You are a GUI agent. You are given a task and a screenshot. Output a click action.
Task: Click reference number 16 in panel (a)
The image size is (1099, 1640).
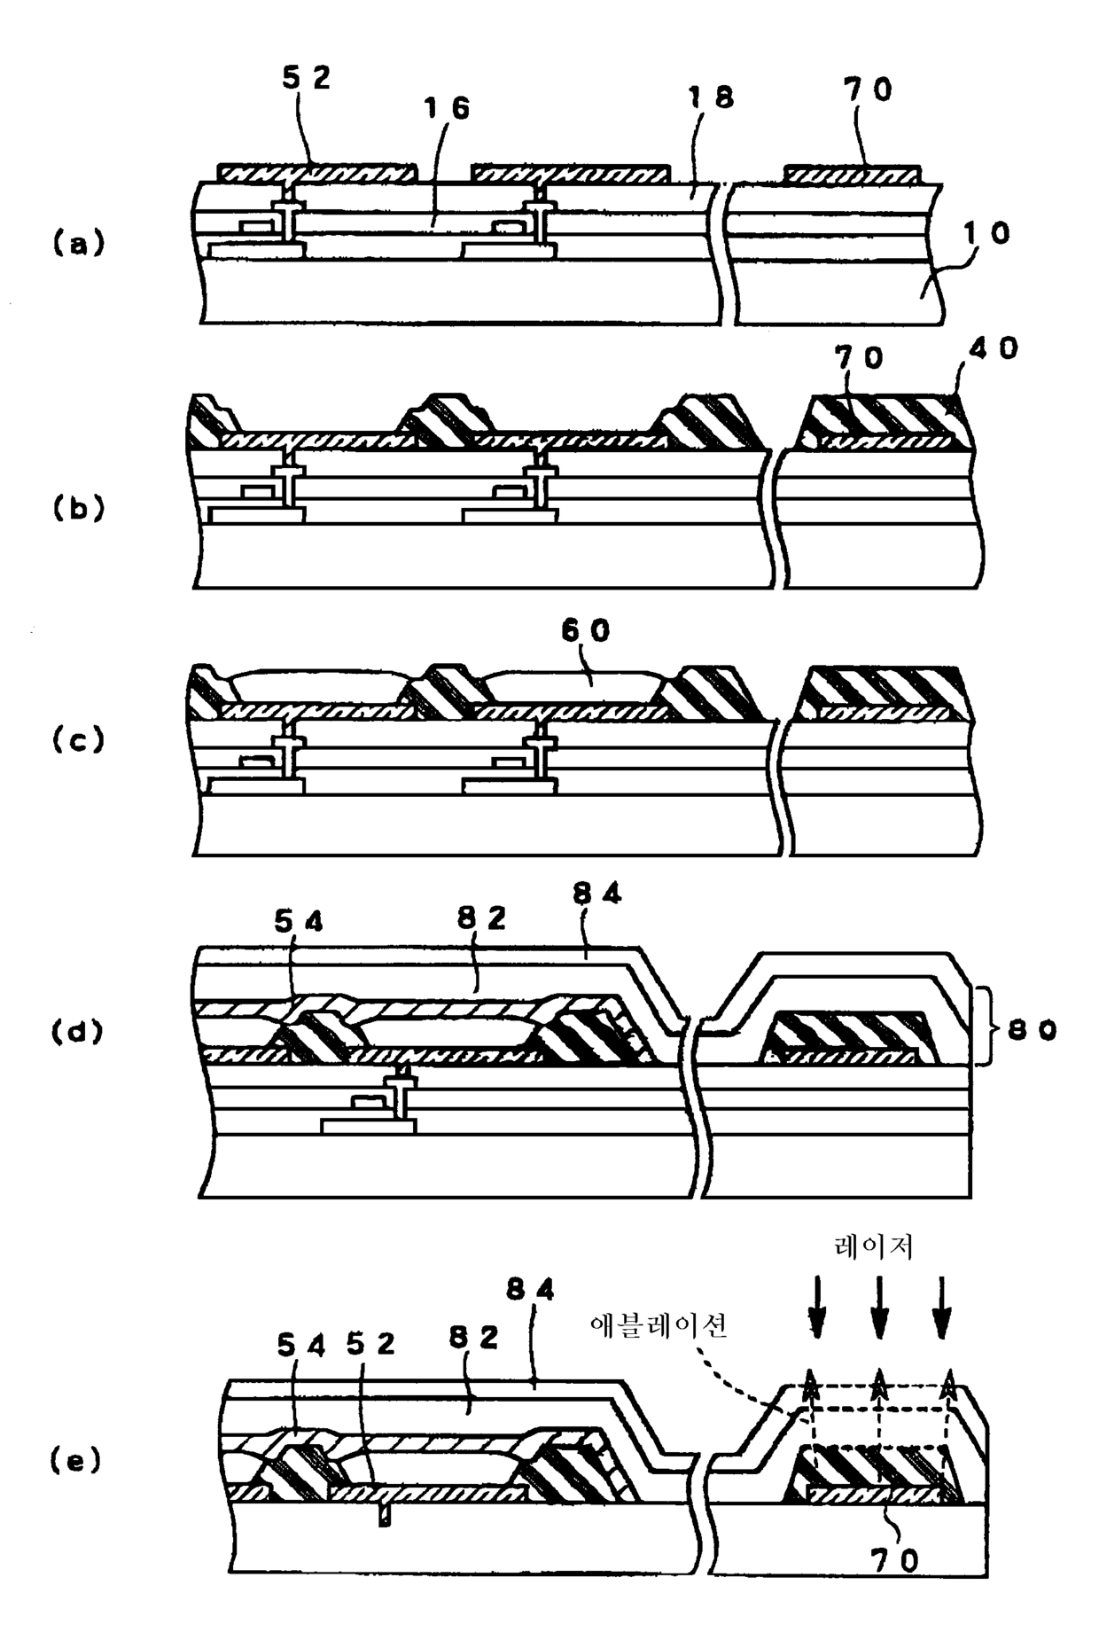446,109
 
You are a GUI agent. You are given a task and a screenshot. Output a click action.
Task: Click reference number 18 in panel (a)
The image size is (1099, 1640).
712,98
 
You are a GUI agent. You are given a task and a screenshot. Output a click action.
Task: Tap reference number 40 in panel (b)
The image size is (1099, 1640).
994,349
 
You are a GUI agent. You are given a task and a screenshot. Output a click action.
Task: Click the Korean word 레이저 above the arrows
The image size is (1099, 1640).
874,1247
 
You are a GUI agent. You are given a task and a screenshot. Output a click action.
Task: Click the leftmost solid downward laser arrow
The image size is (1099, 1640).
817,1308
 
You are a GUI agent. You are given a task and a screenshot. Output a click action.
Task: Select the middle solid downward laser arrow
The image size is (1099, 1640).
878,1308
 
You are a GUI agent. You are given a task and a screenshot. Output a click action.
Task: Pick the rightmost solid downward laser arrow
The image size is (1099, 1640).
942,1308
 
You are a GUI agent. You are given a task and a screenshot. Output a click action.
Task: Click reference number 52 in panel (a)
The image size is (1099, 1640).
306,78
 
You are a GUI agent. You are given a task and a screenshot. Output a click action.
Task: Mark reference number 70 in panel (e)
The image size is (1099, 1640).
895,1561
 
